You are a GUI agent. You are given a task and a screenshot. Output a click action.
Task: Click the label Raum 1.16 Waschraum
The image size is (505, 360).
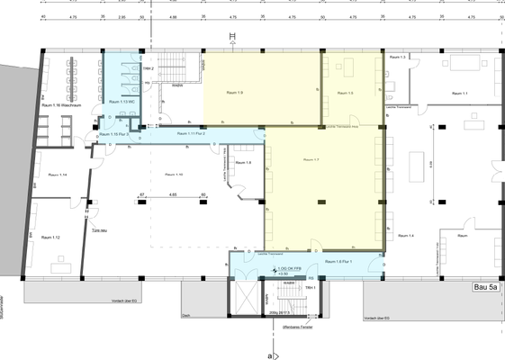pyautogui.click(x=62, y=106)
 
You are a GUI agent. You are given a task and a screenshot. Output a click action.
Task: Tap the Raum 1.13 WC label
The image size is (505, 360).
pyautogui.click(x=122, y=103)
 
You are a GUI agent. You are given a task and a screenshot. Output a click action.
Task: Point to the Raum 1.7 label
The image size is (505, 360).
pyautogui.click(x=311, y=159)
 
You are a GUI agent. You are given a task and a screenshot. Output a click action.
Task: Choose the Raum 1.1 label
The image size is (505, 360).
pyautogui.click(x=459, y=93)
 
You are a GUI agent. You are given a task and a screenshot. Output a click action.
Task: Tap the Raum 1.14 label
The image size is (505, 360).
pyautogui.click(x=57, y=174)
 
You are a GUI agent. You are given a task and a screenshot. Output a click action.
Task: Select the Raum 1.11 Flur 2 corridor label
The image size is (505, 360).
pyautogui.click(x=192, y=134)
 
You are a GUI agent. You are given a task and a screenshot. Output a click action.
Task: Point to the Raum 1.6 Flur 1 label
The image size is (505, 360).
pyautogui.click(x=337, y=261)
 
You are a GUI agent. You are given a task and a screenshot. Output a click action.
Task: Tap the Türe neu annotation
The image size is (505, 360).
pyautogui.click(x=102, y=230)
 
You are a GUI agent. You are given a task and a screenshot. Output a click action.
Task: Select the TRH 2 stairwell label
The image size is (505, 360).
pyautogui.click(x=148, y=68)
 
